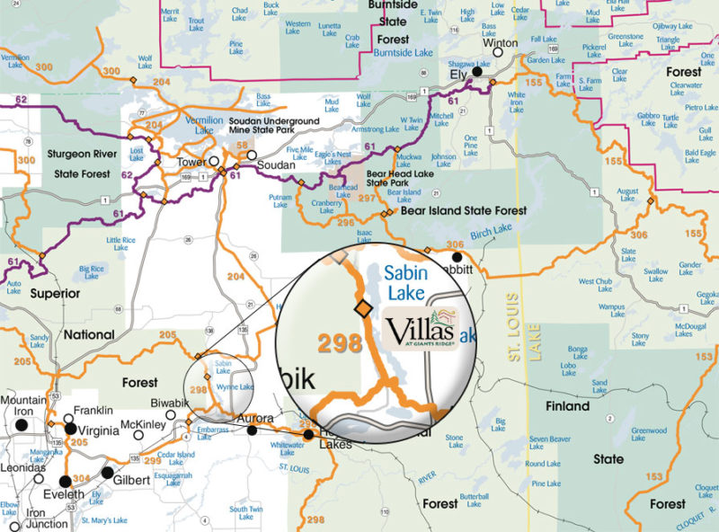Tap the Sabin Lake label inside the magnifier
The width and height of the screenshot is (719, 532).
(x=406, y=281)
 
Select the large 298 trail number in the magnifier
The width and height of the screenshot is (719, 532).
(x=339, y=343)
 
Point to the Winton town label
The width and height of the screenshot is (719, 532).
(x=501, y=43)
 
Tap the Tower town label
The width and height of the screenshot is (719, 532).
(x=193, y=162)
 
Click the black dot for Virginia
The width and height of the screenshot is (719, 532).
(x=70, y=430)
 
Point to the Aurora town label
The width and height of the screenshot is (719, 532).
(x=253, y=419)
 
